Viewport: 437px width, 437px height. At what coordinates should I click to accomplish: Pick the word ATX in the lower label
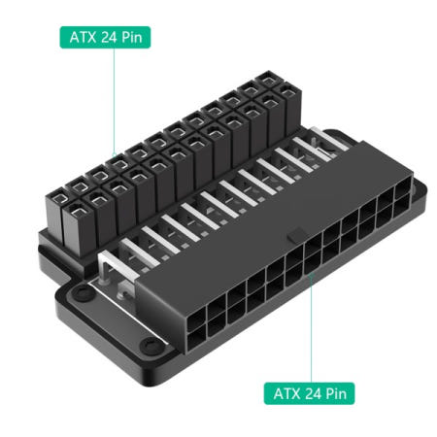click(x=284, y=394)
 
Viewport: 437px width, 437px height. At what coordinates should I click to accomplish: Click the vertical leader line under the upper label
click(x=114, y=97)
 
